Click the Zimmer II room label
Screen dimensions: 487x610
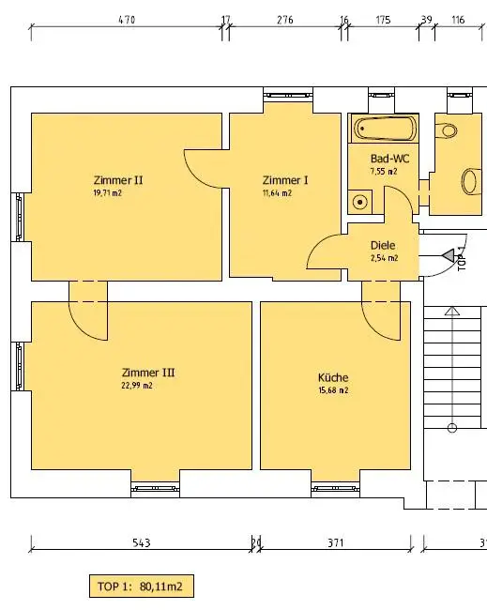click(x=118, y=180)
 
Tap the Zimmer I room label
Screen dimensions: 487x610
click(x=285, y=180)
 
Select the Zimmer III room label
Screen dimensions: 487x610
click(x=148, y=373)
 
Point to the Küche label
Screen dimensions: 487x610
click(x=333, y=377)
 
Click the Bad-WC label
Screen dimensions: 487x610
click(x=389, y=159)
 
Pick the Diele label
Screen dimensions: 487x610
click(x=383, y=246)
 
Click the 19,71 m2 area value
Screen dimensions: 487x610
click(x=107, y=192)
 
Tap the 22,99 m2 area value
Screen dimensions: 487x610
click(x=137, y=386)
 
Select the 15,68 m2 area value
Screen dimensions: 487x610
click(x=333, y=390)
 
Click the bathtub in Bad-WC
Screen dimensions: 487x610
click(x=385, y=129)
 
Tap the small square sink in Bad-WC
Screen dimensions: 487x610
click(x=359, y=202)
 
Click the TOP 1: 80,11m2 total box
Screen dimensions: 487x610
click(x=142, y=587)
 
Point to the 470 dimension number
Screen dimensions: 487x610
click(x=127, y=20)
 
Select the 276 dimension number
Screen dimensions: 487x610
click(x=284, y=20)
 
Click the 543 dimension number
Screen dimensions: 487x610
click(x=142, y=542)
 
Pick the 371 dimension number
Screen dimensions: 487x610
click(x=335, y=542)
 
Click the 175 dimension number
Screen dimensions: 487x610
click(x=383, y=20)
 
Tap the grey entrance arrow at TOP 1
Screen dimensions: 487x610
click(x=448, y=255)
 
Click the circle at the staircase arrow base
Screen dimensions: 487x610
click(x=451, y=428)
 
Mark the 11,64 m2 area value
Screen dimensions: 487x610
click(x=277, y=192)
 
